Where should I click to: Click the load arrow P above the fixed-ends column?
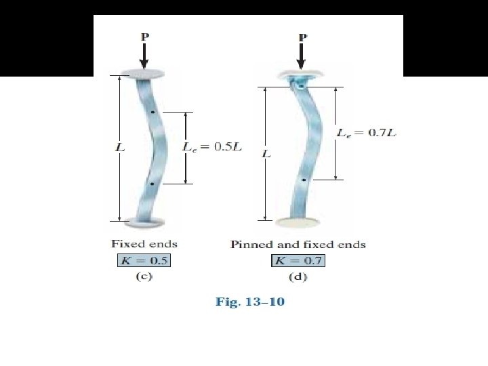click(x=144, y=56)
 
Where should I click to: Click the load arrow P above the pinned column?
click(x=303, y=56)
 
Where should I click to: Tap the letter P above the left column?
click(x=144, y=36)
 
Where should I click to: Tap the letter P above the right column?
click(x=303, y=36)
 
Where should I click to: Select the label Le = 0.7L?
click(x=366, y=133)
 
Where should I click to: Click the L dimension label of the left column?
click(x=119, y=146)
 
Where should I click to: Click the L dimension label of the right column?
click(x=266, y=154)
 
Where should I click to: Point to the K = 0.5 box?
click(x=140, y=260)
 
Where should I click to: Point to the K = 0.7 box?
click(x=298, y=260)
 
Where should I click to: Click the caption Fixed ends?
click(x=144, y=244)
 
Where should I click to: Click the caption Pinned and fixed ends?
click(x=298, y=244)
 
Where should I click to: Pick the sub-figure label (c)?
click(x=143, y=277)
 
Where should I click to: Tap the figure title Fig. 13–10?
click(x=250, y=302)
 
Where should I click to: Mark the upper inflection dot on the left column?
click(x=153, y=112)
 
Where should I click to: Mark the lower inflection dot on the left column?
click(x=152, y=184)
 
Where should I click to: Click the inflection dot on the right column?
click(x=304, y=180)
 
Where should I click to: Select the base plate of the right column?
click(x=298, y=221)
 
